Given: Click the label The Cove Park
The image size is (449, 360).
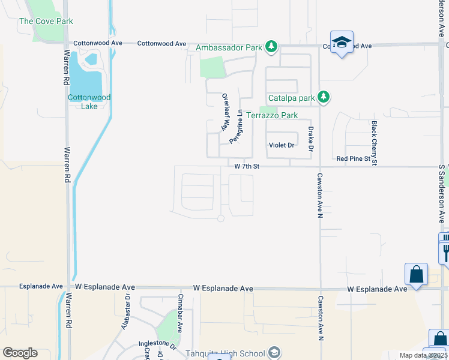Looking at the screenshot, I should [x=46, y=21].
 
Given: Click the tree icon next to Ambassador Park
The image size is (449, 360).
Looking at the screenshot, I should [x=271, y=46].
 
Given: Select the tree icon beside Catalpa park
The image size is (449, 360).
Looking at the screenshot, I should [x=324, y=97].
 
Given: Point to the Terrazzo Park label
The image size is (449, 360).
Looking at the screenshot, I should [x=273, y=115].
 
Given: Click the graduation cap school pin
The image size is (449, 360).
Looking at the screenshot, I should [x=342, y=42].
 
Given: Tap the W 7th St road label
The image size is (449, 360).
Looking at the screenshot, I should [x=246, y=166].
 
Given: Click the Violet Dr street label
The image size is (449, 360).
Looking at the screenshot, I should [x=282, y=145].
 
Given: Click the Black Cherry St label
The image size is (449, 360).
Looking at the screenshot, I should [x=374, y=143].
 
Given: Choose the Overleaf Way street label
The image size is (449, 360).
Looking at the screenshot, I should [x=226, y=112].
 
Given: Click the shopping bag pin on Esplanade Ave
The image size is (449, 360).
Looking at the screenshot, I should [x=416, y=275].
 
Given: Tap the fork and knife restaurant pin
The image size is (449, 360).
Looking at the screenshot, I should [x=445, y=249].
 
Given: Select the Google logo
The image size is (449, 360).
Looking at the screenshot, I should [x=20, y=353].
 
